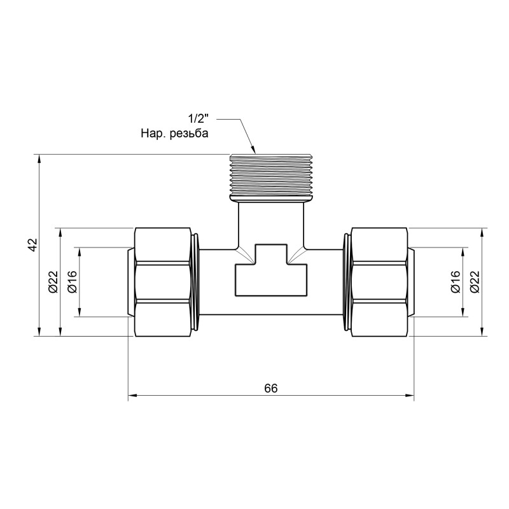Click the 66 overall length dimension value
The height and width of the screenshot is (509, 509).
(x=271, y=387)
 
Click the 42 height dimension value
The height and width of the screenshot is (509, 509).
(x=34, y=245)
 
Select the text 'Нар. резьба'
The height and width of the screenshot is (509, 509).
(x=174, y=134)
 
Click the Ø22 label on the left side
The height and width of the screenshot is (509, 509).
(x=53, y=281)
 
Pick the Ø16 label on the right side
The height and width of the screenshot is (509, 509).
(x=455, y=281)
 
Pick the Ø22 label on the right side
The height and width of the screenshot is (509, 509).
(x=474, y=281)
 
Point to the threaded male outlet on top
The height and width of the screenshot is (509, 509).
(x=272, y=178)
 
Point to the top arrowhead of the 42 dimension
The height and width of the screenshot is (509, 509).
(x=40, y=158)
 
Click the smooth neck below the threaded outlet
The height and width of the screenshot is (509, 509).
(x=272, y=223)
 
